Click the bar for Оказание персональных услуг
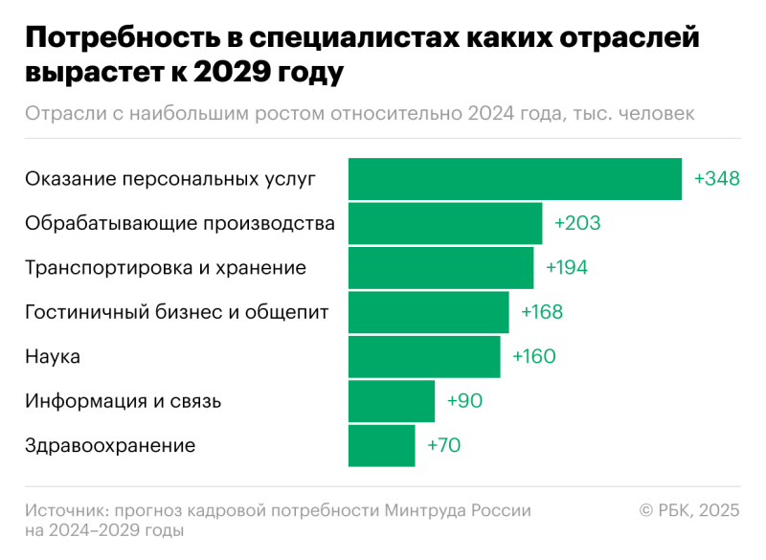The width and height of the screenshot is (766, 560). tap(515, 179)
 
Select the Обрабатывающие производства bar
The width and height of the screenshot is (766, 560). tap(445, 223)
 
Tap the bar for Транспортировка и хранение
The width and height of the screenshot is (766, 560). tap(440, 268)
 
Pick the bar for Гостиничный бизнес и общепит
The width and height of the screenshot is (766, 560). tap(428, 312)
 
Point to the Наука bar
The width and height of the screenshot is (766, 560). tap(424, 356)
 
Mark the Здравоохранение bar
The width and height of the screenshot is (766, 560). tap(382, 445)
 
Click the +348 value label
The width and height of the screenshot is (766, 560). tap(717, 179)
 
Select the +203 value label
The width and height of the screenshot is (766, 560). tap(577, 223)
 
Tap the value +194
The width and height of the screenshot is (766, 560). tap(567, 268)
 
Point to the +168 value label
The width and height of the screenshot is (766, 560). tap(542, 312)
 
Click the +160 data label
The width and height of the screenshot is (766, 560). tap(534, 356)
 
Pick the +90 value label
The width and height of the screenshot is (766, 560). tap(464, 401)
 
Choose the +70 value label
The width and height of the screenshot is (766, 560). tap(444, 445)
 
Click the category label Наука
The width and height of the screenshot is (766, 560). tap(53, 356)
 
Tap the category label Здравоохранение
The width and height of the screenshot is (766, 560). tap(110, 445)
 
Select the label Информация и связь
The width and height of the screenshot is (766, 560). tap(123, 401)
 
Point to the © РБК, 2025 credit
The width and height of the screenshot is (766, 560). tap(689, 510)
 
